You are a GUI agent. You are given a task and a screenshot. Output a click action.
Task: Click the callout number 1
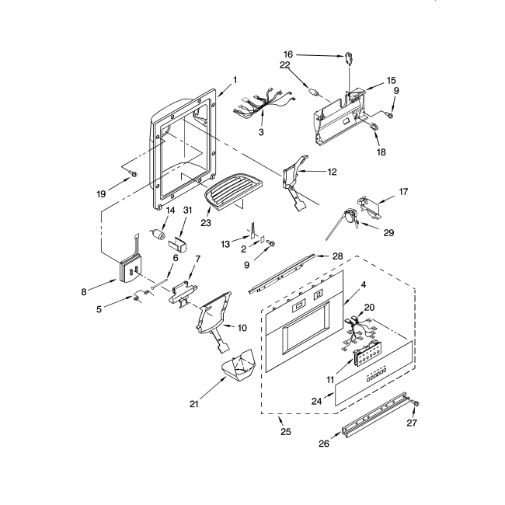[235, 79]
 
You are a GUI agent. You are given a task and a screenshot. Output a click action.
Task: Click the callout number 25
[285, 432]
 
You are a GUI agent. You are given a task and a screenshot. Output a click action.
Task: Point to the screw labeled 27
[414, 405]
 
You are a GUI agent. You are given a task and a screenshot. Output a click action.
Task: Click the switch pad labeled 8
[127, 266]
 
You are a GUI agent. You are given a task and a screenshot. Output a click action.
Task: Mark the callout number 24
[316, 402]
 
